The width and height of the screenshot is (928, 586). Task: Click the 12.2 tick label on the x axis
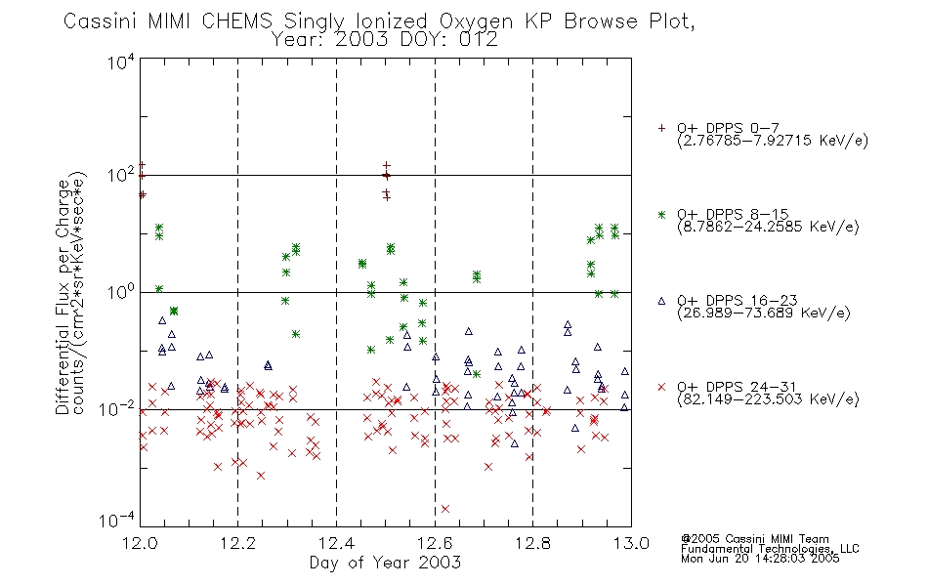click(x=238, y=543)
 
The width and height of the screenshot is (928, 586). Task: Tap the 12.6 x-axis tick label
click(x=435, y=543)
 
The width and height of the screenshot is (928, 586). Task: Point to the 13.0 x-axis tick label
click(x=631, y=543)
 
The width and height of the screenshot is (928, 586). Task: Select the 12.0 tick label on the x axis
click(x=141, y=543)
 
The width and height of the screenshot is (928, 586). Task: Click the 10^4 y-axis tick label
click(x=121, y=62)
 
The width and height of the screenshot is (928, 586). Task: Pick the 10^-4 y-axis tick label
click(x=118, y=520)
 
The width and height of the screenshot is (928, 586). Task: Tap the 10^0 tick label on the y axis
click(x=121, y=292)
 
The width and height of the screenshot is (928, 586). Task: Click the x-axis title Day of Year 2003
click(x=385, y=563)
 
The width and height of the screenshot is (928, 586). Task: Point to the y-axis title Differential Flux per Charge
click(x=63, y=296)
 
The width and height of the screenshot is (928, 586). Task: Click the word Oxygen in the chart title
click(x=476, y=21)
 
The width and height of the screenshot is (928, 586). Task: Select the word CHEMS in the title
click(x=237, y=21)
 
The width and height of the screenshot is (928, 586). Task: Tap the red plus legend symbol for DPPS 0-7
click(x=661, y=127)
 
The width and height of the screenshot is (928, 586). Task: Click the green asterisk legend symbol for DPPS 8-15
click(x=661, y=214)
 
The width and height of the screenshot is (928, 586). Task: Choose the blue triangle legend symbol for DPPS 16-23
click(x=661, y=301)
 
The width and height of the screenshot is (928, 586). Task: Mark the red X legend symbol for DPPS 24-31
click(x=661, y=387)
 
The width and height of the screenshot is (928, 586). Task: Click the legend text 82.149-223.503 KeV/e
click(x=768, y=398)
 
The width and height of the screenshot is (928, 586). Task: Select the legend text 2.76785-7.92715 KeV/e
click(x=773, y=141)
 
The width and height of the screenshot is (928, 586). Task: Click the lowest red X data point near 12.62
click(x=445, y=509)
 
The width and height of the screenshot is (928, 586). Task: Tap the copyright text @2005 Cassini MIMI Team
click(x=755, y=539)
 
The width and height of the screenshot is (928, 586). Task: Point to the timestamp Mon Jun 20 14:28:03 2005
click(x=760, y=559)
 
